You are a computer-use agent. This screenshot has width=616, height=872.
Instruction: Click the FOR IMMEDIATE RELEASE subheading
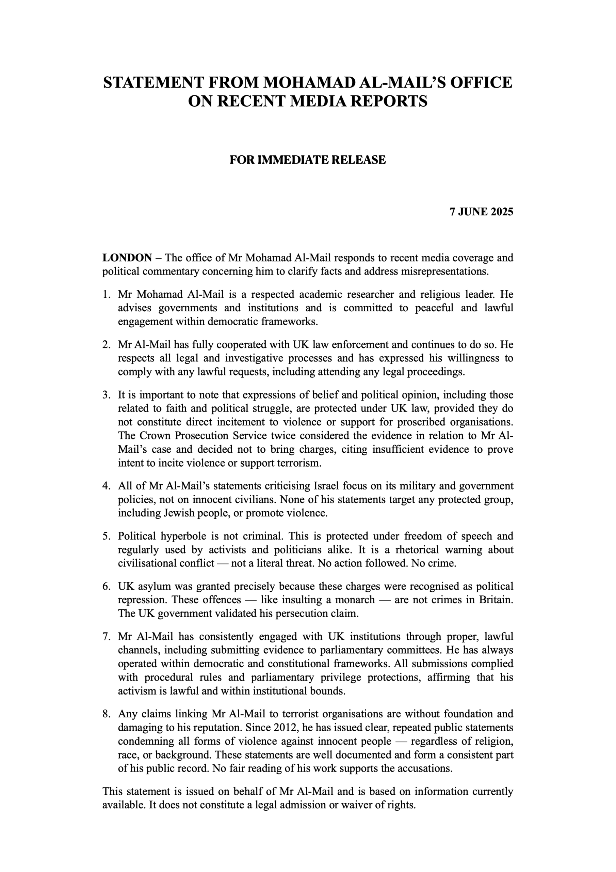point(307,160)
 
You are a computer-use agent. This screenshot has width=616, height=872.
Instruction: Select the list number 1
point(106,294)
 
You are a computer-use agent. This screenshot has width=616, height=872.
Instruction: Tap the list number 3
point(106,395)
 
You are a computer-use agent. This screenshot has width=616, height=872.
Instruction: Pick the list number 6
point(106,587)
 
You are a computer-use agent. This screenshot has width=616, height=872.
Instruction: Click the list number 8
point(106,714)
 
